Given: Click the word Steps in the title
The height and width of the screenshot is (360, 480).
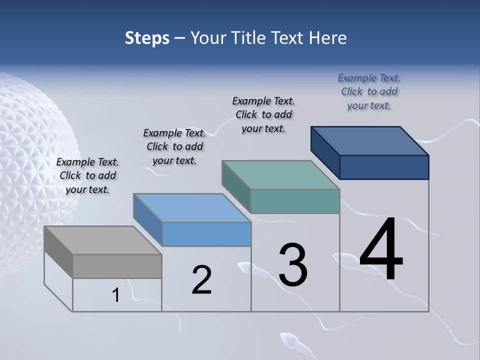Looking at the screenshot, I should click(147, 38).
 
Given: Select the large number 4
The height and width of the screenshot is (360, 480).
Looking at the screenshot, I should click(381, 250).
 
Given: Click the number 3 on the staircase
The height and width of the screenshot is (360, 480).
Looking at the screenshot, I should click(293, 265).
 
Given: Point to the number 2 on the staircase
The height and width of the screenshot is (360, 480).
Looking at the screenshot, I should click(201, 280).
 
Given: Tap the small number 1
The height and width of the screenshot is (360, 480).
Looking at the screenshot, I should click(116, 295).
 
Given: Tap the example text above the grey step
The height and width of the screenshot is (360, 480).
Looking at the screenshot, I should click(87, 175).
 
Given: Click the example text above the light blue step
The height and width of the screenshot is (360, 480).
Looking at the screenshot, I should click(174, 146).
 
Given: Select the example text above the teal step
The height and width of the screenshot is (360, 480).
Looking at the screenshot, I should click(263, 114).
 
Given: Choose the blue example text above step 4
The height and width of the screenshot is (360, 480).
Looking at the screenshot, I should click(369, 91).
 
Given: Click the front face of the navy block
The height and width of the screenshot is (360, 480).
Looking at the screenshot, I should click(384, 167).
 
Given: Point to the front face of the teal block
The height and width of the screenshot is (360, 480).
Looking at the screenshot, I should click(295, 201).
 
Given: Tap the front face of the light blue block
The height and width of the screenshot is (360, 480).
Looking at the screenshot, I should click(206, 234).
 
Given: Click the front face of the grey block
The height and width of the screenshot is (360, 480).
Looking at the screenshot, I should click(117, 266).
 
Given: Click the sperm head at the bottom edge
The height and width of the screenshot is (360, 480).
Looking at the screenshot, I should click(289, 340).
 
